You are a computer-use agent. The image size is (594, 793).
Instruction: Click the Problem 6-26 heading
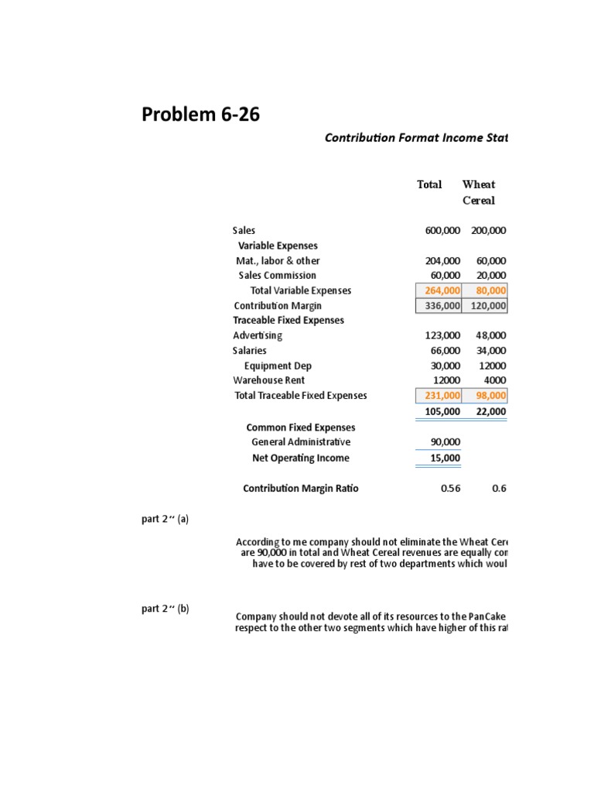pyautogui.click(x=200, y=115)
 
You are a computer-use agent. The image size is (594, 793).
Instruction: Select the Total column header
pyautogui.click(x=429, y=184)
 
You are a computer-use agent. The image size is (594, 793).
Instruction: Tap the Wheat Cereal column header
pyautogui.click(x=479, y=192)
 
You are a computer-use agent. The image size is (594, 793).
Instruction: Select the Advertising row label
pyautogui.click(x=258, y=335)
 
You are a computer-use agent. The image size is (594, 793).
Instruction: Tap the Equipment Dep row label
pyautogui.click(x=278, y=366)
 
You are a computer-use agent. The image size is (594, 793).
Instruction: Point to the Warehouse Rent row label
pyautogui.click(x=269, y=380)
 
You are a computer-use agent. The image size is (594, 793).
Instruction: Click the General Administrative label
pyautogui.click(x=301, y=442)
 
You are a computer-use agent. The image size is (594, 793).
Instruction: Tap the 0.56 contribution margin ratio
pyautogui.click(x=449, y=489)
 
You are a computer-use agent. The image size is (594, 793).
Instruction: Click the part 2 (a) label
pyautogui.click(x=165, y=520)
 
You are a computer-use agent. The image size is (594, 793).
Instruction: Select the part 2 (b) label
pyautogui.click(x=165, y=609)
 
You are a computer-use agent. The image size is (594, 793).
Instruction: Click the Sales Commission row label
pyautogui.click(x=277, y=276)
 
